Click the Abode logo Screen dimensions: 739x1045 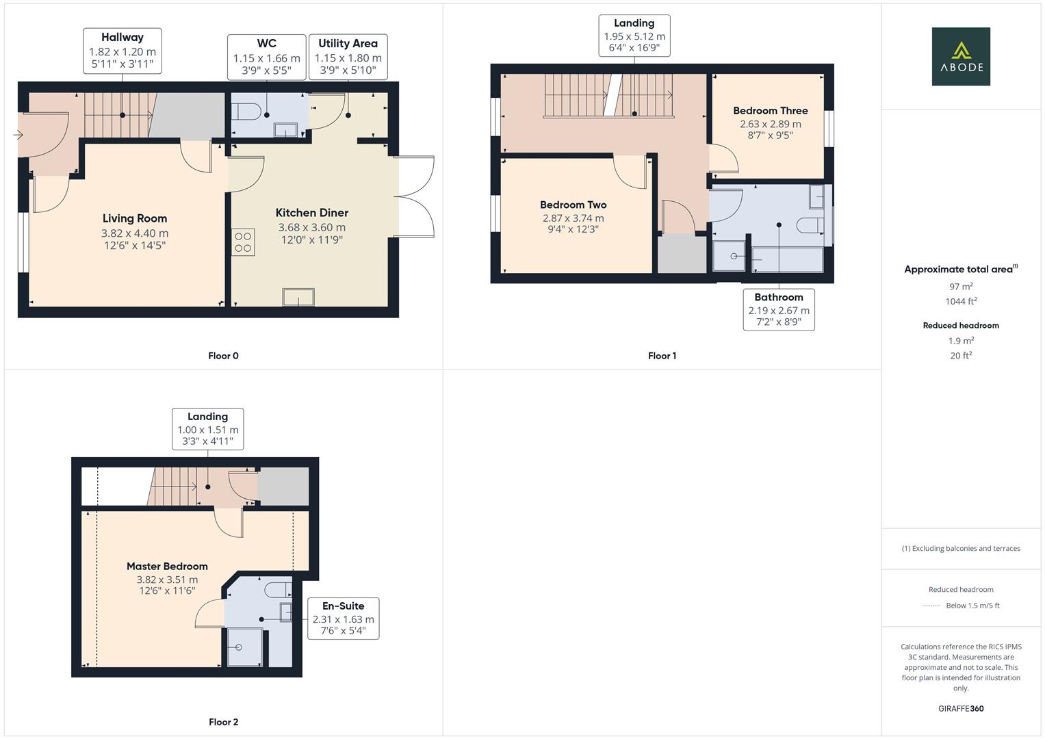tap(960, 57)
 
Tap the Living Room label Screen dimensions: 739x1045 tap(135, 219)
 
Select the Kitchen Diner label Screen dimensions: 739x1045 tap(311, 213)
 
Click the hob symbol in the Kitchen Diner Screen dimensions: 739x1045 tap(243, 242)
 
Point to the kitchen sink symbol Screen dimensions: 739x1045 tap(299, 297)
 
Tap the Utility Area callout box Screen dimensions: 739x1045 tap(348, 57)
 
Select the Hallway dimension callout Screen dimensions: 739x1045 tap(122, 51)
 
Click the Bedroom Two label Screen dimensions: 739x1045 tap(573, 205)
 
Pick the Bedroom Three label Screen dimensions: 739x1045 tap(770, 111)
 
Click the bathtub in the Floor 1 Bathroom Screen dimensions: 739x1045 tap(787, 259)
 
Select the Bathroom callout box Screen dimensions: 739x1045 tap(779, 309)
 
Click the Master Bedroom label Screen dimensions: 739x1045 tap(167, 567)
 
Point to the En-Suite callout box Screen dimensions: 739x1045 tap(343, 619)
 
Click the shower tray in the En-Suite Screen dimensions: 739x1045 tap(244, 647)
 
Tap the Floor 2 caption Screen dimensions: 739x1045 tap(224, 722)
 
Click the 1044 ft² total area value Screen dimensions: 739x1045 tap(961, 301)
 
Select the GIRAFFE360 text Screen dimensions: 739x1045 tap(961, 708)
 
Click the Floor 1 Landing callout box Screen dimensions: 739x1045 tap(634, 36)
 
